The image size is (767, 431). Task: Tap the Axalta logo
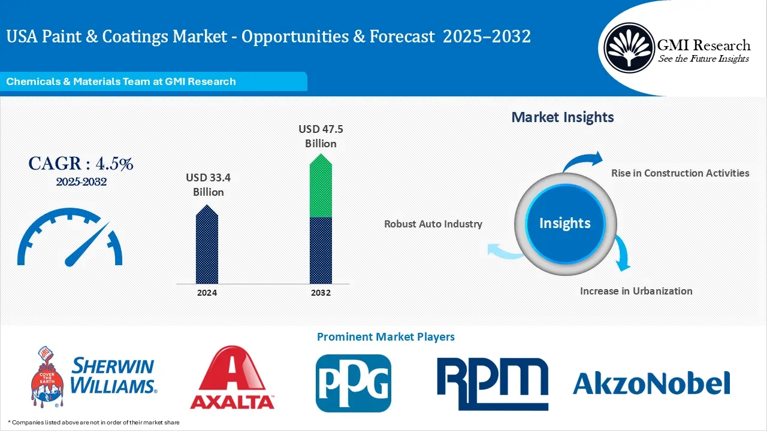coord(232,378)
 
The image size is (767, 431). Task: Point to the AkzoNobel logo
coord(651,383)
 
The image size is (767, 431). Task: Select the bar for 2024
coord(207,245)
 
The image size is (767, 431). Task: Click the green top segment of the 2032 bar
coord(321,186)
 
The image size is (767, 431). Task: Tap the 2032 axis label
coord(321,293)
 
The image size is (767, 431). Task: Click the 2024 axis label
coord(207,293)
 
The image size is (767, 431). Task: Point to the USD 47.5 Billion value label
coord(321,136)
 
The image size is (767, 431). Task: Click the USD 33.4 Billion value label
coord(208,184)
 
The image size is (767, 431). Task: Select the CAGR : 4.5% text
coord(81,163)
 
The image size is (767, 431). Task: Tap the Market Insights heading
coord(562,117)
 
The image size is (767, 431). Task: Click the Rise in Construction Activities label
coord(680,173)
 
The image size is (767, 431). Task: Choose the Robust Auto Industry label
coord(433,224)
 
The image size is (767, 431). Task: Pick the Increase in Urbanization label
coord(636,291)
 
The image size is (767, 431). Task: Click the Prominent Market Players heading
coord(385,337)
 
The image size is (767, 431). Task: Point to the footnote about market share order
coord(93,422)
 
